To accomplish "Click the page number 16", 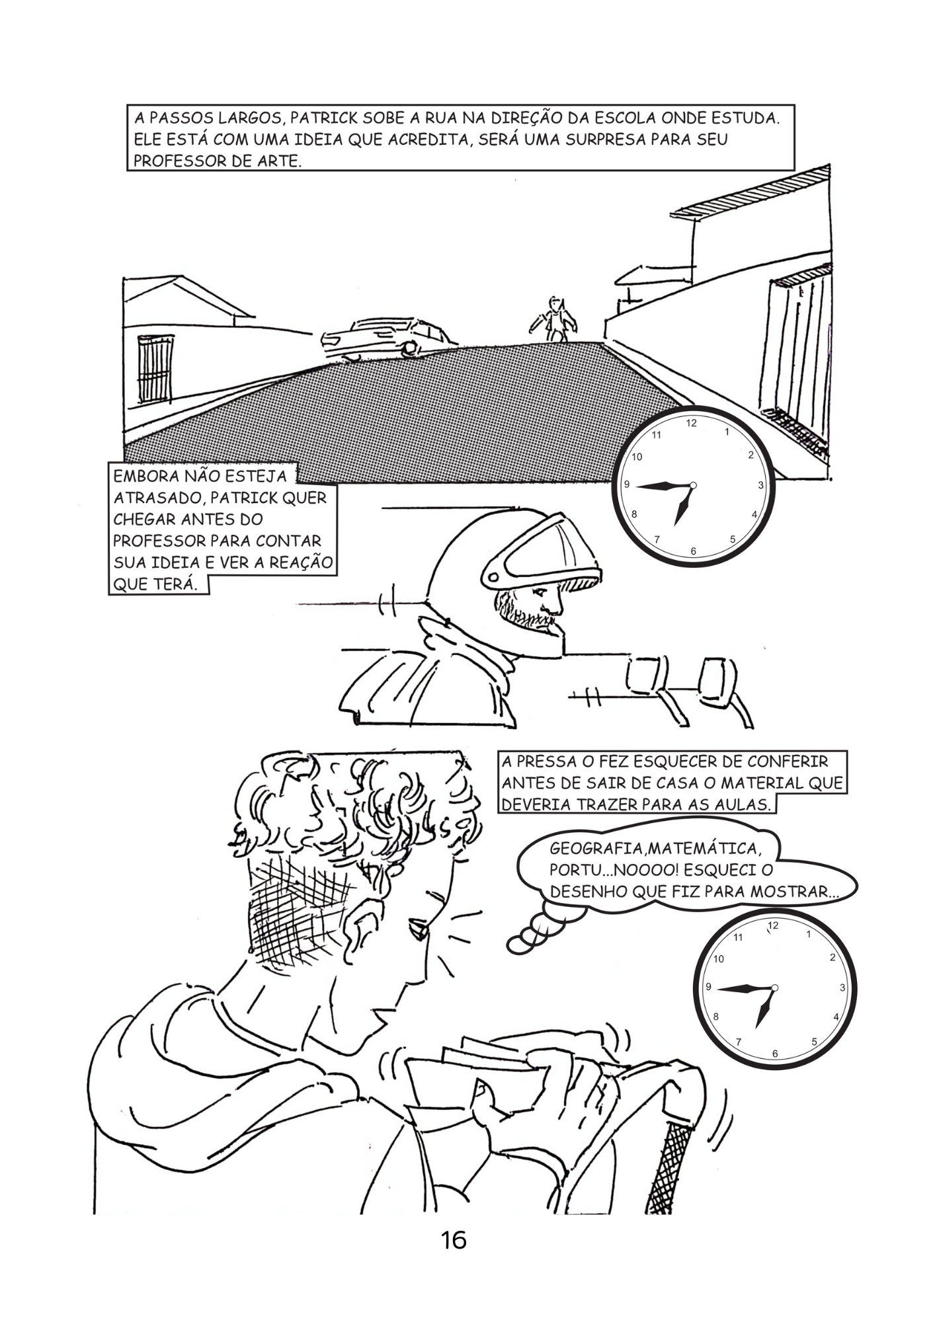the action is pyautogui.click(x=454, y=1240).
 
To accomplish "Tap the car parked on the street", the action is pyautogui.click(x=387, y=338).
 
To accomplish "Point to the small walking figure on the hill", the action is pyautogui.click(x=554, y=319).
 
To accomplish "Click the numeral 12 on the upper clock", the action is pyautogui.click(x=691, y=423).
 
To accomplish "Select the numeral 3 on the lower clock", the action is pyautogui.click(x=842, y=988).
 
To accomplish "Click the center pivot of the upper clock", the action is pyautogui.click(x=693, y=486).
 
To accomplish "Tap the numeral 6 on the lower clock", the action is pyautogui.click(x=775, y=1054).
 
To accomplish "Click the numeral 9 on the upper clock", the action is pyautogui.click(x=627, y=485).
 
